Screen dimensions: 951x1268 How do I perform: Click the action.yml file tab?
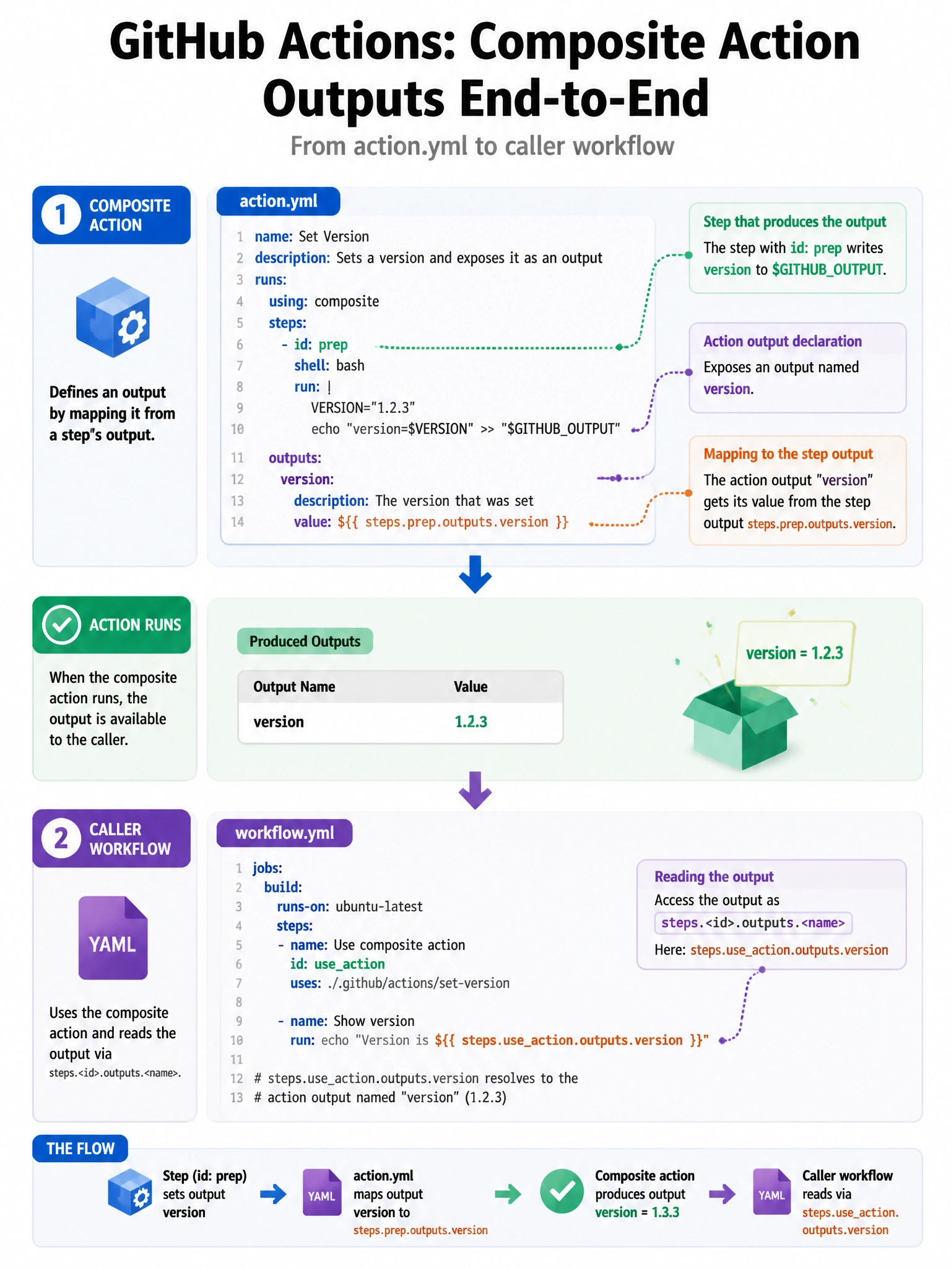point(278,201)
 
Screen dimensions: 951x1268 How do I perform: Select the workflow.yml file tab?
point(284,833)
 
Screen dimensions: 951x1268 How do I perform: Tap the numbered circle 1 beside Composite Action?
point(61,215)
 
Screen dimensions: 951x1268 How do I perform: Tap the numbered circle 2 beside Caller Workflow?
point(61,838)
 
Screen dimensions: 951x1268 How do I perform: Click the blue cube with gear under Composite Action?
point(113,317)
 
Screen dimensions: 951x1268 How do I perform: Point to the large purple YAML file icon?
point(113,937)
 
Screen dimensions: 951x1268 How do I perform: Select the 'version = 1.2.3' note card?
point(794,653)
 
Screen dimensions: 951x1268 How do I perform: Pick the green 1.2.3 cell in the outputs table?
point(471,722)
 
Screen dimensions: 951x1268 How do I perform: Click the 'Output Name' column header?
point(294,687)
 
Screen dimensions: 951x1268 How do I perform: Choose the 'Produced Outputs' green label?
point(305,641)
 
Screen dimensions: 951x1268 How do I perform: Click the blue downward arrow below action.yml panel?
point(475,575)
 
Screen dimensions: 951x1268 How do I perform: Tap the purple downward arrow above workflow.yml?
point(475,790)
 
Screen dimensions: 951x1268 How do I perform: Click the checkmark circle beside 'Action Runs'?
point(61,625)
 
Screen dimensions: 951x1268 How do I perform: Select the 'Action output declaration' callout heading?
point(783,341)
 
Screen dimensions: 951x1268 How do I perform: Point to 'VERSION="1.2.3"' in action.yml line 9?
point(363,407)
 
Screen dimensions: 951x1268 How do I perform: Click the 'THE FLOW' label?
point(80,1149)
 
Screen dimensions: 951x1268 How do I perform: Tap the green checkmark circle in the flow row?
point(562,1191)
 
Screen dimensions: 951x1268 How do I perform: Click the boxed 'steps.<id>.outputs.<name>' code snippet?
point(753,923)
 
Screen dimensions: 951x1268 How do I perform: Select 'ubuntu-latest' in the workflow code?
point(379,906)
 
